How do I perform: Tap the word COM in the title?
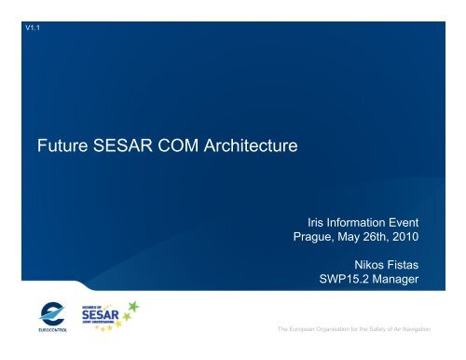pos(184,145)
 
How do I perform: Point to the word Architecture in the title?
pos(254,145)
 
